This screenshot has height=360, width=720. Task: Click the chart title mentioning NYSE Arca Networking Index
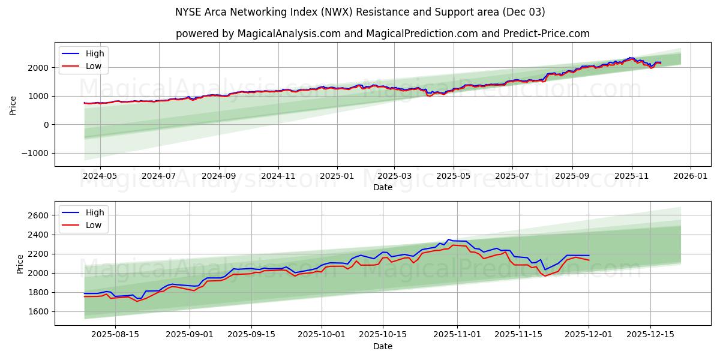tap(360, 12)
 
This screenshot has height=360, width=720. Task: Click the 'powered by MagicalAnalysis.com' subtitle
tap(382, 34)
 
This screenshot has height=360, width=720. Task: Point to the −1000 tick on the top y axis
tap(35, 153)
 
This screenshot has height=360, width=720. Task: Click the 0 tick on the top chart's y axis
tap(46, 125)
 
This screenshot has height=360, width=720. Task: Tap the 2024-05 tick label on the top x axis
tap(100, 176)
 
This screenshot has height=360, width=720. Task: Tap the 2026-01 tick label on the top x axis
tap(690, 176)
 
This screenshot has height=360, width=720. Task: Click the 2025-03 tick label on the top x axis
tap(394, 176)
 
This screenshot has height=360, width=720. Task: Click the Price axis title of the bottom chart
tap(20, 263)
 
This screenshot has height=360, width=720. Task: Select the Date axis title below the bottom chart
tap(382, 346)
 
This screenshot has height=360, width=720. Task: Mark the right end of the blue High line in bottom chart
tap(589, 256)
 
